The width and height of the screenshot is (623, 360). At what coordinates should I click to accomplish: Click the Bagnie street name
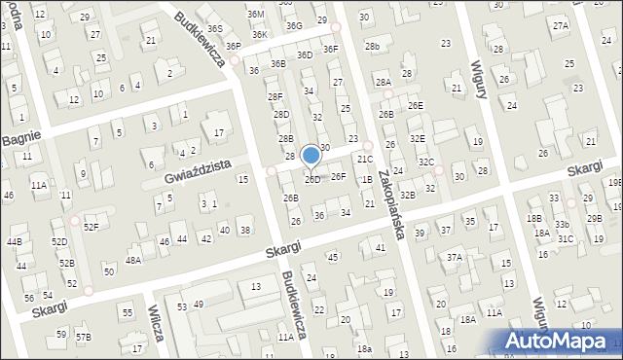point(19,139)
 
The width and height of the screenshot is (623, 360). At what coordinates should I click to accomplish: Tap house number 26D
point(312,180)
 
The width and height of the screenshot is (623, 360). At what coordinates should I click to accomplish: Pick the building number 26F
point(338,176)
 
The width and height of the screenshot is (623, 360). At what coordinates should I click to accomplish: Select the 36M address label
point(255,15)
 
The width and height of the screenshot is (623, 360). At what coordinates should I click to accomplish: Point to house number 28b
point(372,47)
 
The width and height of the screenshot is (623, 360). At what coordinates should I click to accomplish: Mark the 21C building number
point(364,160)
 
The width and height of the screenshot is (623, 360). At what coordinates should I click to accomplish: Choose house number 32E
point(417,139)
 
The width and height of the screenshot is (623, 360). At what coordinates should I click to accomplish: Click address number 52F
point(91,227)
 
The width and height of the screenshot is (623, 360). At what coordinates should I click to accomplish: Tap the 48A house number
point(132,260)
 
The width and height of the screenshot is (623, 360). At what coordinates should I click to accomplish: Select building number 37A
point(454,258)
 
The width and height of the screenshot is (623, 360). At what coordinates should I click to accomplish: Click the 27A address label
point(561,26)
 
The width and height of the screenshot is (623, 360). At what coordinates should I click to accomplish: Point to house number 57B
point(84,337)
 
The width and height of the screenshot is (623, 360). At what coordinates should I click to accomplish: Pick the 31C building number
point(566,238)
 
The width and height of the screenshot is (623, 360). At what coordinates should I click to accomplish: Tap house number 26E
point(416,105)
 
